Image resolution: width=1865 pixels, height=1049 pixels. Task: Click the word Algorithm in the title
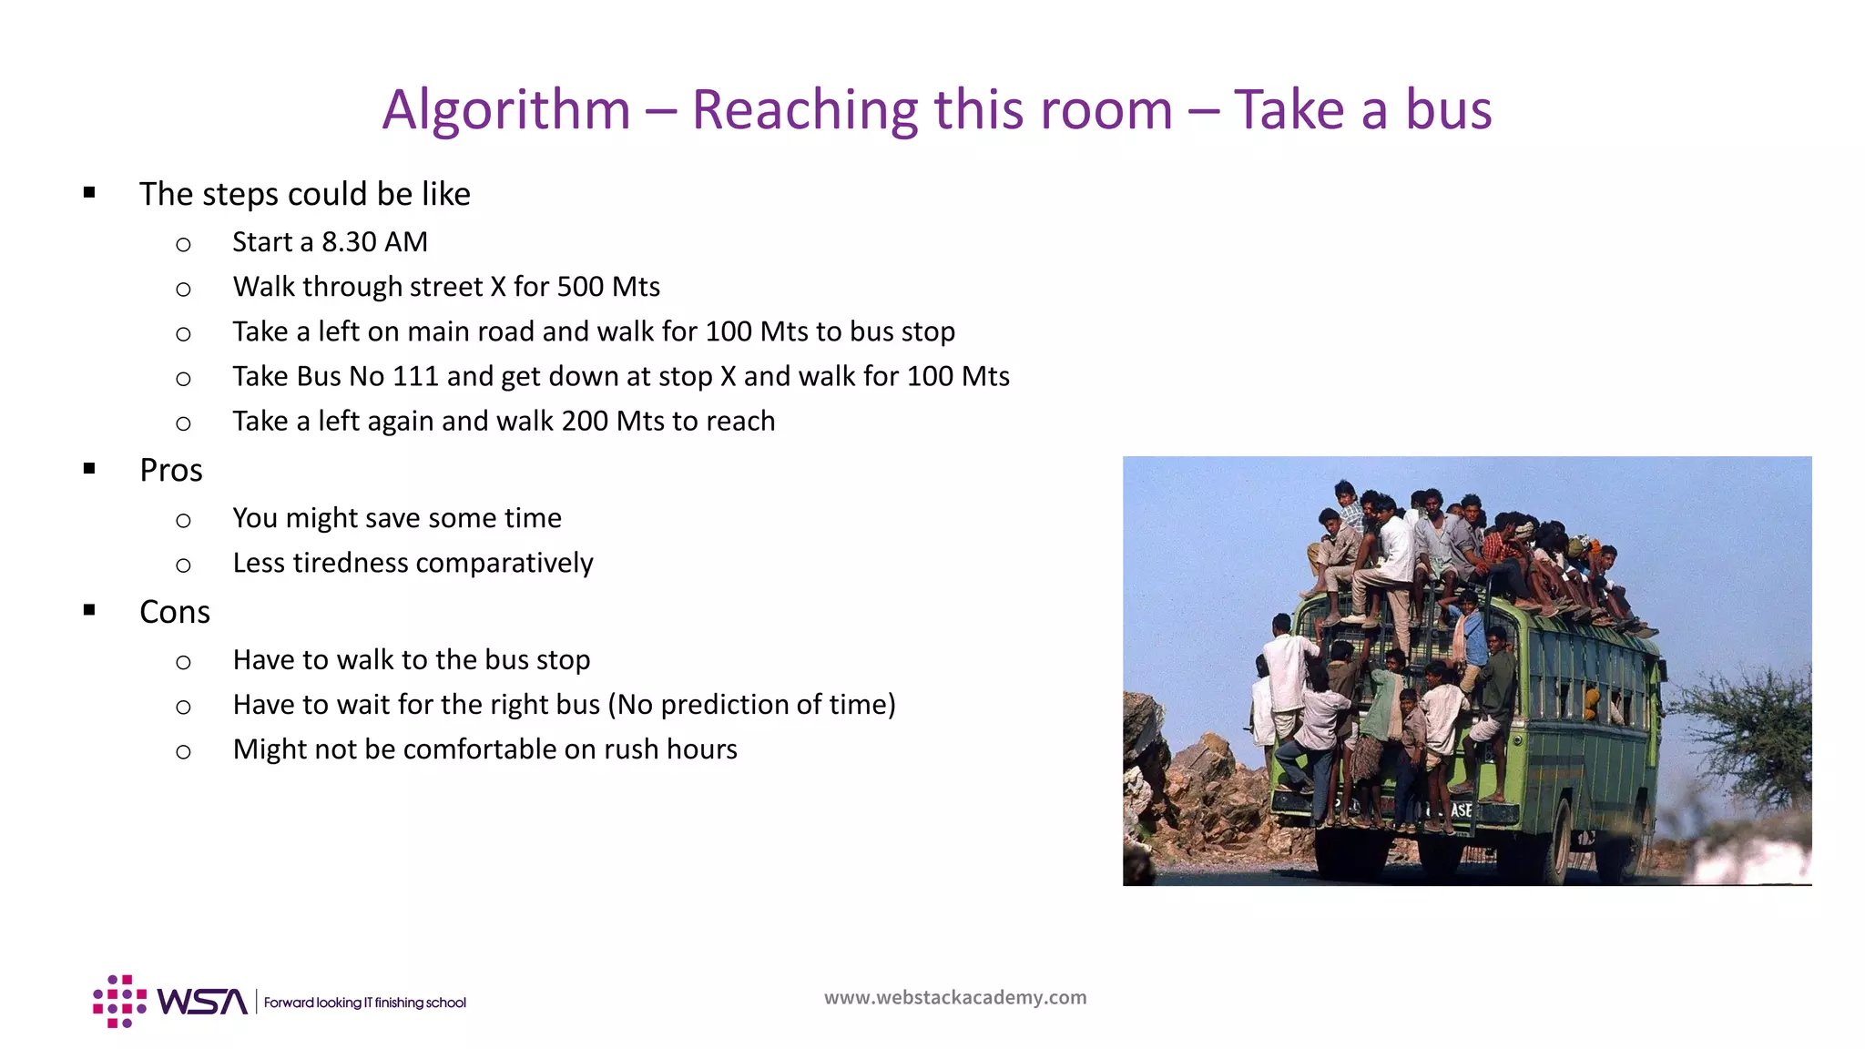(506, 110)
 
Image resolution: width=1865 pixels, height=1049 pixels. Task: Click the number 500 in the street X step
(580, 287)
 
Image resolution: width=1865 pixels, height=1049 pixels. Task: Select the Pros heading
(171, 470)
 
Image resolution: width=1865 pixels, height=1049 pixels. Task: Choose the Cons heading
(175, 612)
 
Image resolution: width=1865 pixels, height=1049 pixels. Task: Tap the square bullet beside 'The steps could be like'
(89, 192)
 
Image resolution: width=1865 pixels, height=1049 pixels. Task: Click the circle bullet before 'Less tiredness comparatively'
(183, 565)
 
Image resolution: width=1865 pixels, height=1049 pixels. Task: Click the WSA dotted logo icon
(119, 1001)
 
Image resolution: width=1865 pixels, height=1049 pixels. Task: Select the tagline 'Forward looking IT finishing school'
(364, 1003)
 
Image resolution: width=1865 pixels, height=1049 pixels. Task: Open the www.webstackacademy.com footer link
(955, 997)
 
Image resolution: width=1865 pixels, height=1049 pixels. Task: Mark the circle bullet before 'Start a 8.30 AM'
(183, 244)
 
